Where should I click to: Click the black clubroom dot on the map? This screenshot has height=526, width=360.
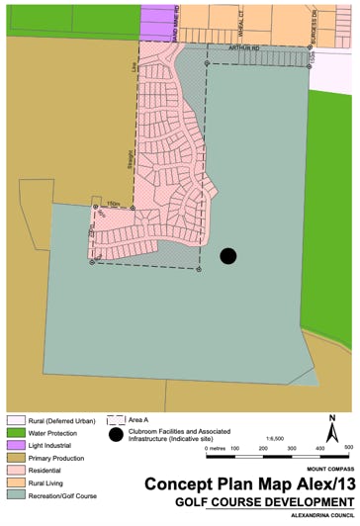tap(228, 256)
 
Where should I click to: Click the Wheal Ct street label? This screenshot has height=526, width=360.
tap(239, 23)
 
